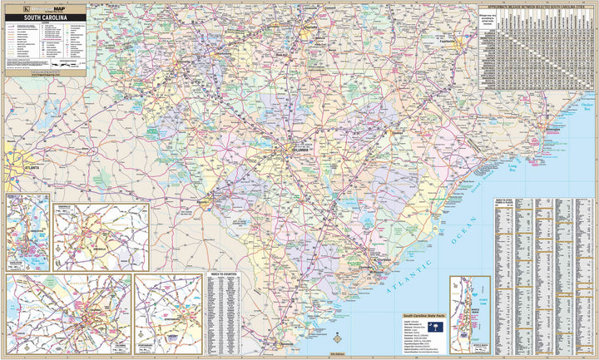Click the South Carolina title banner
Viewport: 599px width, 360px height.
(x=45, y=17)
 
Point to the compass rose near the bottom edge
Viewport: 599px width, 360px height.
(x=337, y=338)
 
